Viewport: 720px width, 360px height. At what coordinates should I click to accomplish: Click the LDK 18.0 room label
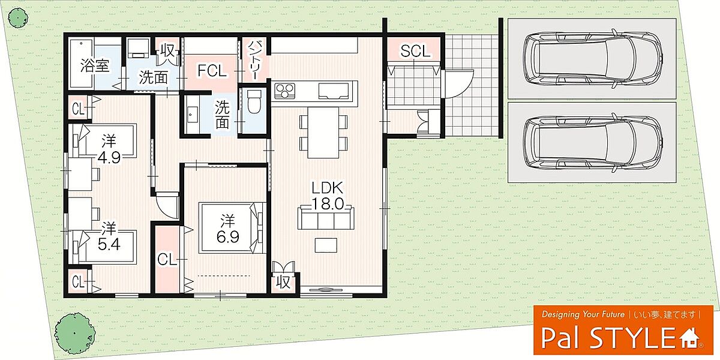[x=328, y=196]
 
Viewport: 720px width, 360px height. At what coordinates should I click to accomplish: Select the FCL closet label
[x=212, y=71]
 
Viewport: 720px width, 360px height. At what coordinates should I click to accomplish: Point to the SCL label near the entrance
[x=415, y=52]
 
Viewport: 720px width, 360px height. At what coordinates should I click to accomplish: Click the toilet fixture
[x=254, y=101]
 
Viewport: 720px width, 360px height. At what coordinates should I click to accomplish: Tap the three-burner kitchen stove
[x=284, y=90]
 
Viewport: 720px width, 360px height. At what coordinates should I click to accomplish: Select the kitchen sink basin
[x=334, y=91]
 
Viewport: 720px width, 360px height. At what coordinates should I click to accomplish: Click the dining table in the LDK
[x=323, y=133]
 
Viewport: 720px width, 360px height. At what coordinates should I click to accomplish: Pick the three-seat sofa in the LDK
[x=326, y=218]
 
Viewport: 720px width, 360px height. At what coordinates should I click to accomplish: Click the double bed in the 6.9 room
[x=232, y=228]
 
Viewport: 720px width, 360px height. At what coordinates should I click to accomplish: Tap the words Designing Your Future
[x=583, y=314]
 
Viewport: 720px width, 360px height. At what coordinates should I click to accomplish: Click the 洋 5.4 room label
[x=109, y=237]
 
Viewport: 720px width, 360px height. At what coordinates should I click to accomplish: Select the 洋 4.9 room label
[x=109, y=149]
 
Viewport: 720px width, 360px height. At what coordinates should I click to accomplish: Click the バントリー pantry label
[x=254, y=61]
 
